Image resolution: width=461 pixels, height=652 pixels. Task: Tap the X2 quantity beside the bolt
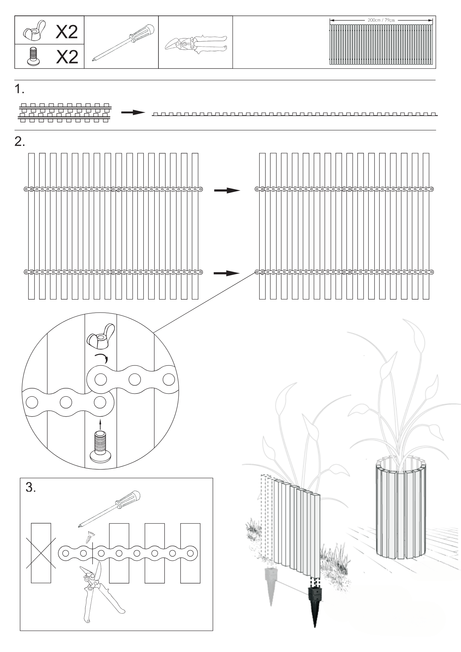pyautogui.click(x=67, y=57)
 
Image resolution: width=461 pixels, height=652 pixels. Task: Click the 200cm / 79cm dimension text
pyautogui.click(x=381, y=20)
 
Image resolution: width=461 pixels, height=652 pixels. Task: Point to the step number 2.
pyautogui.click(x=20, y=141)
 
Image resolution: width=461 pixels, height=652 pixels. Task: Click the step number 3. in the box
pyautogui.click(x=31, y=488)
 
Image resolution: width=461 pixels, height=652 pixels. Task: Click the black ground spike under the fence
pyautogui.click(x=315, y=600)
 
